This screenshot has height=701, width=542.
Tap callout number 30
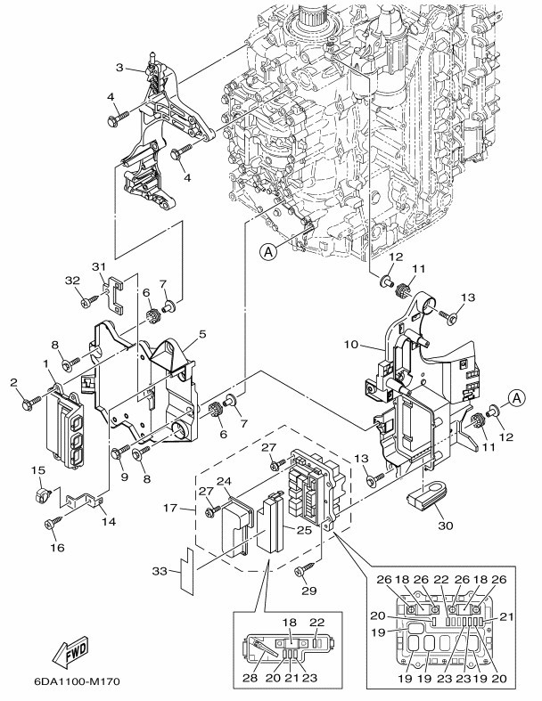click(x=446, y=525)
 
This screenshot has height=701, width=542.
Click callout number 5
click(x=202, y=335)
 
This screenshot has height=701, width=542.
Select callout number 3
click(x=119, y=68)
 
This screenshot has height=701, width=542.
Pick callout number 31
click(x=99, y=266)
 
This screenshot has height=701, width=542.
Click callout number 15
click(x=38, y=469)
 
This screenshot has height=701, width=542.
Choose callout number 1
click(x=45, y=363)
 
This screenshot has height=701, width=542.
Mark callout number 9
click(x=124, y=477)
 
